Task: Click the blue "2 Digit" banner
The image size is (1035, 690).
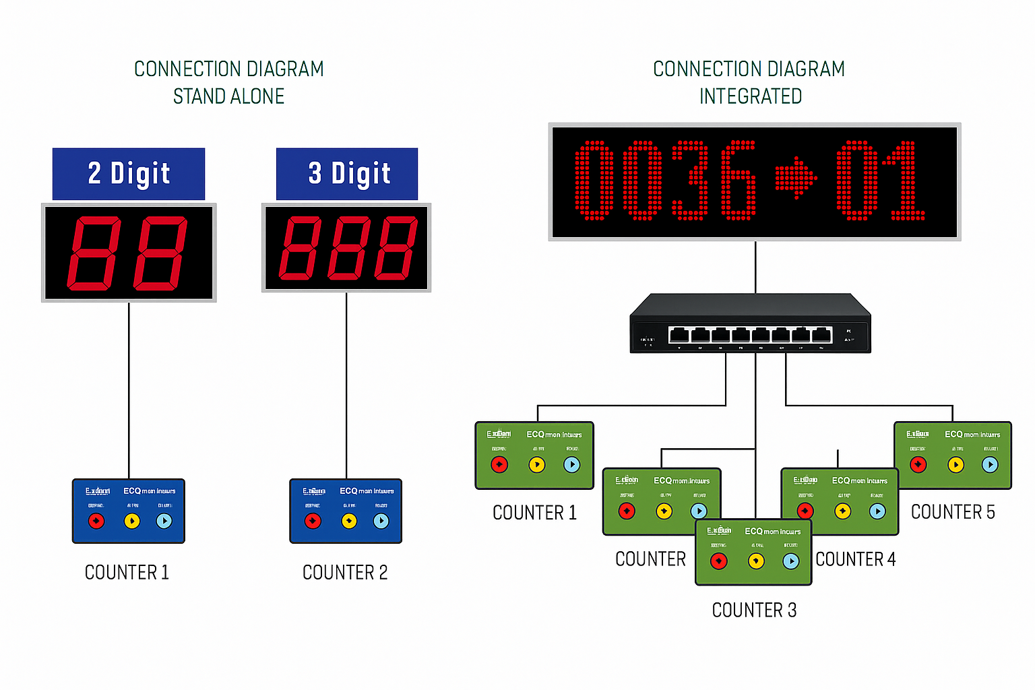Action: pyautogui.click(x=129, y=174)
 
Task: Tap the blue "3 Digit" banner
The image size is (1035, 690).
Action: pyautogui.click(x=347, y=174)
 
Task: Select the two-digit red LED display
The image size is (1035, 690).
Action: pyautogui.click(x=129, y=253)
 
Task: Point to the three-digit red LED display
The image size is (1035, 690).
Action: pyautogui.click(x=346, y=248)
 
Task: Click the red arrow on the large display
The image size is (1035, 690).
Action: pyautogui.click(x=796, y=179)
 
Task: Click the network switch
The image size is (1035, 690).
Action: pyautogui.click(x=750, y=325)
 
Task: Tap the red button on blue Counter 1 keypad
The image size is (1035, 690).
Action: pyautogui.click(x=96, y=521)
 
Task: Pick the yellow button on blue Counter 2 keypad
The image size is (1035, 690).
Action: pyautogui.click(x=348, y=521)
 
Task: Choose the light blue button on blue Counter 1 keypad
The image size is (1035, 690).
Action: pyautogui.click(x=164, y=521)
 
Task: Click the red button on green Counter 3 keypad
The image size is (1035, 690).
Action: pyautogui.click(x=719, y=561)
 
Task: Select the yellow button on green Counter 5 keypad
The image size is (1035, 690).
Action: pyautogui.click(x=955, y=464)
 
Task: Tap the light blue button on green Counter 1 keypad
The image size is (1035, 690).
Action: pyautogui.click(x=571, y=464)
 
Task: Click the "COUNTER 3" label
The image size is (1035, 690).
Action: pyautogui.click(x=754, y=610)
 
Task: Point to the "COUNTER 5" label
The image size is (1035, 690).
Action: pyautogui.click(x=953, y=512)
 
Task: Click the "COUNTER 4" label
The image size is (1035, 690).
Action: pyautogui.click(x=856, y=559)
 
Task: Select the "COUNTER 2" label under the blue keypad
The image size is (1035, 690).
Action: pyautogui.click(x=345, y=573)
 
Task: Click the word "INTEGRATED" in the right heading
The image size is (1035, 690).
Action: pyautogui.click(x=750, y=96)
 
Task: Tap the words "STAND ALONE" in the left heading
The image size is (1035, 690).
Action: pyautogui.click(x=229, y=96)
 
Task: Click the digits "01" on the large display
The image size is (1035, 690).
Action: pyautogui.click(x=879, y=181)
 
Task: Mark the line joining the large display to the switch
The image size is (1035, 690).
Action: pyautogui.click(x=755, y=266)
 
